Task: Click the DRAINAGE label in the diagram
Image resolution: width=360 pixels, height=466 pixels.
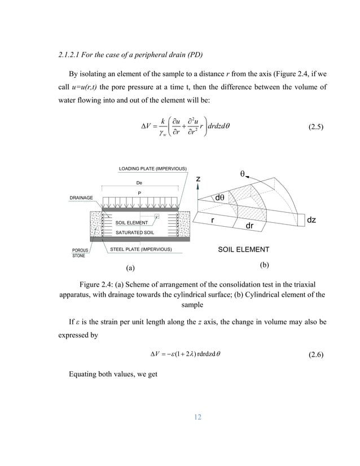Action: tap(81, 198)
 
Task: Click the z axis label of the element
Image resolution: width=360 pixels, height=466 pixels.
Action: tap(198, 179)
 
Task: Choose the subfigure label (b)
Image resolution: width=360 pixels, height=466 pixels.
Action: tap(264, 263)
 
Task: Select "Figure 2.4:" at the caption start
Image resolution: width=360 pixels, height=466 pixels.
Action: tap(102, 284)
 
